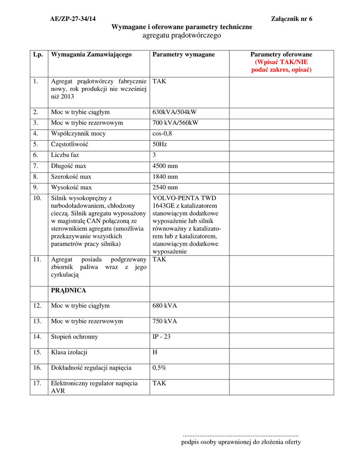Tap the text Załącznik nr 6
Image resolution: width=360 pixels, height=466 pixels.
coord(292,19)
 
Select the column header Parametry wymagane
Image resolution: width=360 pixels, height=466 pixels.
coord(184,55)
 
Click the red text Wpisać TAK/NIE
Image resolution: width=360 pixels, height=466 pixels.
coord(281,62)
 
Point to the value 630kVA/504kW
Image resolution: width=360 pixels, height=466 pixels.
coord(175,112)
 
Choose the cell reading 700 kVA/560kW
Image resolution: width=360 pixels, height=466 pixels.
coord(176,123)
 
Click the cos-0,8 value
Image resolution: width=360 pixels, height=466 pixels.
coord(162,134)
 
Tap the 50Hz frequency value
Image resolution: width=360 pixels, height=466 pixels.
coord(160,144)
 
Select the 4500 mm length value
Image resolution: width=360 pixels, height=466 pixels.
coord(165,166)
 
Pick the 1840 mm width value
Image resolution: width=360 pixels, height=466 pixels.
coord(165,177)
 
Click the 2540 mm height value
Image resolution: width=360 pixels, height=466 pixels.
coord(165,187)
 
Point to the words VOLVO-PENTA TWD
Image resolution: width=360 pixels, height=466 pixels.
coord(184,198)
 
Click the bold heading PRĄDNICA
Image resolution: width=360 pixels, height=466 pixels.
coord(69,290)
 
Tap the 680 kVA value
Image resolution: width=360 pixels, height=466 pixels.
coord(165,306)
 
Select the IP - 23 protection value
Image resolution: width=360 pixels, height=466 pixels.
coord(162,337)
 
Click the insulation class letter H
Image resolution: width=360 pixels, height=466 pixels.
coord(155,352)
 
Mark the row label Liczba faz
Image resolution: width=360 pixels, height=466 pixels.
coord(65,155)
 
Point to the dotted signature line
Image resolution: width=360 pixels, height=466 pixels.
coord(240,436)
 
